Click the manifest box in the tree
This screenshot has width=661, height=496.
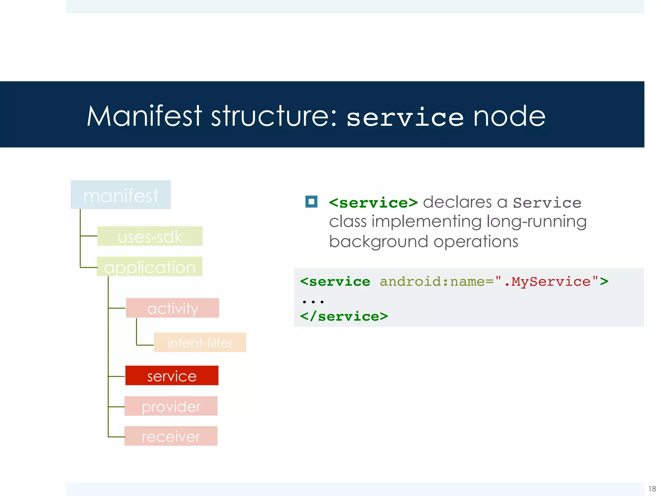[121, 195]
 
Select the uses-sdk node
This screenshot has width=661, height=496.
[150, 236]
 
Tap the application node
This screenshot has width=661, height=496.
[149, 267]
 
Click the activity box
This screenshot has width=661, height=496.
[172, 308]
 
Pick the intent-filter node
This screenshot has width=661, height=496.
[200, 343]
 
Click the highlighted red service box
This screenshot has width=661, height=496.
[172, 376]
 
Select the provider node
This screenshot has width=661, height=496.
[171, 406]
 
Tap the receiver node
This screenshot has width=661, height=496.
[171, 436]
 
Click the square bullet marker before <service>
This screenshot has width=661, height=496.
[311, 202]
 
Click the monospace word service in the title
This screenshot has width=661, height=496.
[405, 118]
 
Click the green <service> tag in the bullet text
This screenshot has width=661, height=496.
[373, 203]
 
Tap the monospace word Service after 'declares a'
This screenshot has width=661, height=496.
[547, 203]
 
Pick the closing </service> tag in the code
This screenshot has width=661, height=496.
[344, 316]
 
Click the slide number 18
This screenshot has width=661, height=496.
[652, 489]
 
